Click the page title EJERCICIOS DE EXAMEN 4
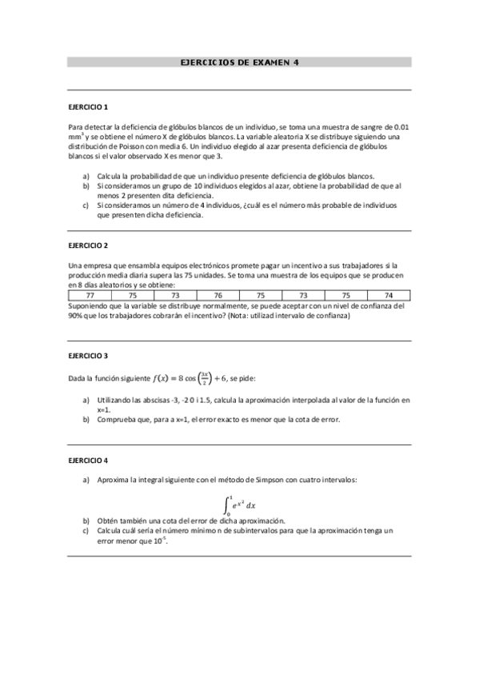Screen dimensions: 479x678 [239, 62]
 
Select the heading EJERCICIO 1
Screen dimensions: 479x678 [88, 106]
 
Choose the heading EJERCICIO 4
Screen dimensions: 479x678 [88, 460]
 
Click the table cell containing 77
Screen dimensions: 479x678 [90, 295]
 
